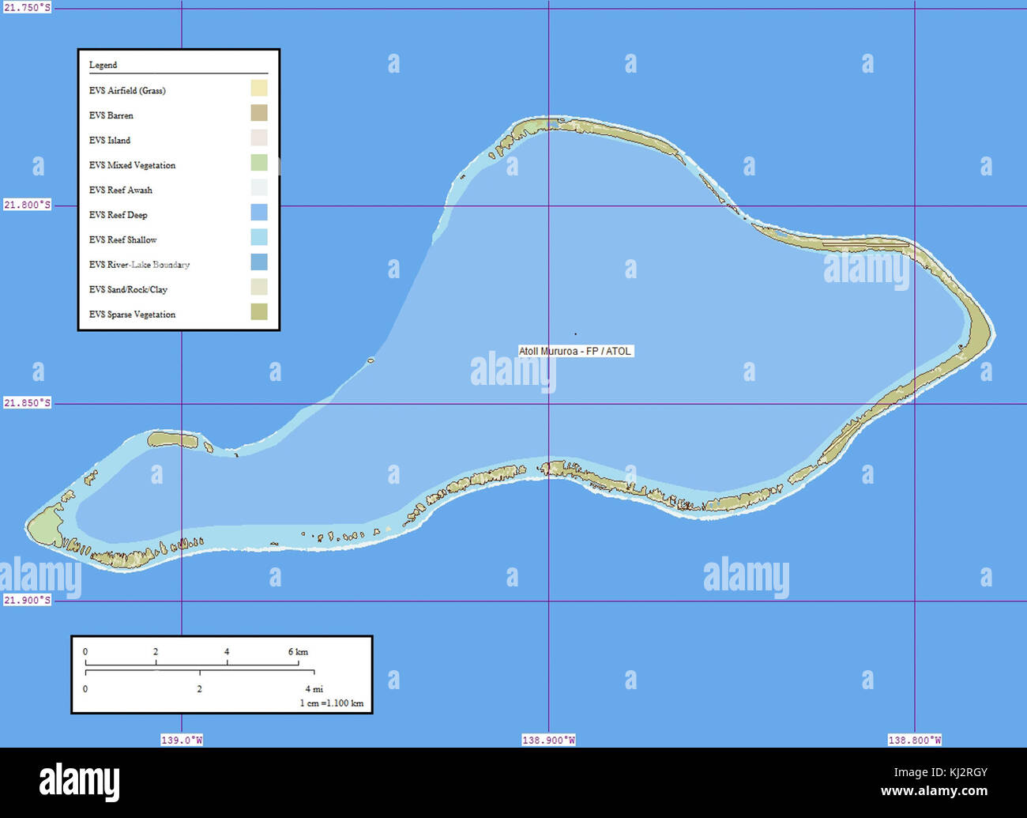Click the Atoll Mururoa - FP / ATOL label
tap(575, 351)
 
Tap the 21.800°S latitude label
tap(27, 205)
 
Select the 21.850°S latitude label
tap(27, 403)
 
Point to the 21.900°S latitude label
tap(27, 600)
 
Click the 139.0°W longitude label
tap(182, 741)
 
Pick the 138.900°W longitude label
tap(548, 741)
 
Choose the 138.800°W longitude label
tap(914, 741)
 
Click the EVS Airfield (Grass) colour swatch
tap(258, 89)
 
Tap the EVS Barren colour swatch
tap(258, 113)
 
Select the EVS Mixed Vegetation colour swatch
tap(258, 163)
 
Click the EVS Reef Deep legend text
tap(118, 215)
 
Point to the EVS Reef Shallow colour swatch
tap(258, 237)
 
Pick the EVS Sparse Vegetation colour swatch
tap(258, 312)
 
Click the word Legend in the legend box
tap(103, 65)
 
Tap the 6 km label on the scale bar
tap(298, 652)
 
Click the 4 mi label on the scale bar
tap(314, 689)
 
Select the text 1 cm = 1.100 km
tap(331, 703)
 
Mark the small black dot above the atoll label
tap(575, 334)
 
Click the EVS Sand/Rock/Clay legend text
tap(128, 290)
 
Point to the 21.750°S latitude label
tap(27, 7)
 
